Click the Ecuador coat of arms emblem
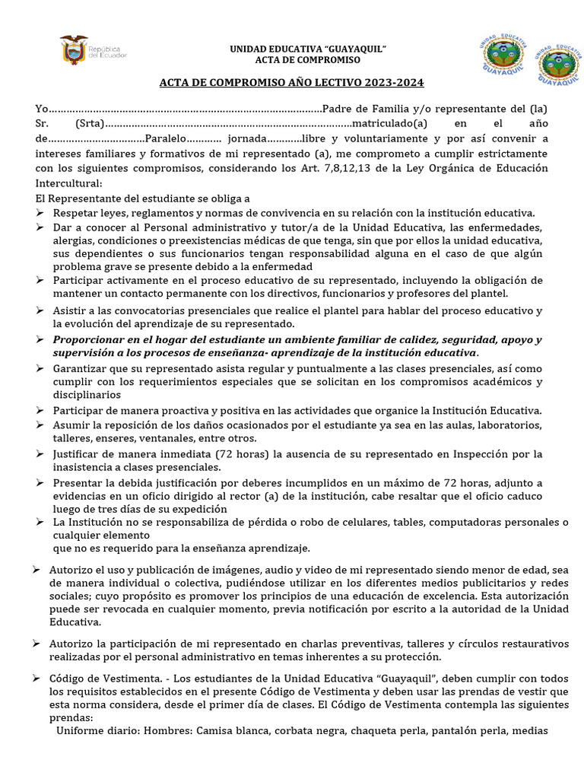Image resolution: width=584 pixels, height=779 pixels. [73, 49]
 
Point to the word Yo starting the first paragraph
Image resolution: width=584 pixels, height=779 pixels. [43, 108]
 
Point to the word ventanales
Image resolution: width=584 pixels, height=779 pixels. [206, 438]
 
